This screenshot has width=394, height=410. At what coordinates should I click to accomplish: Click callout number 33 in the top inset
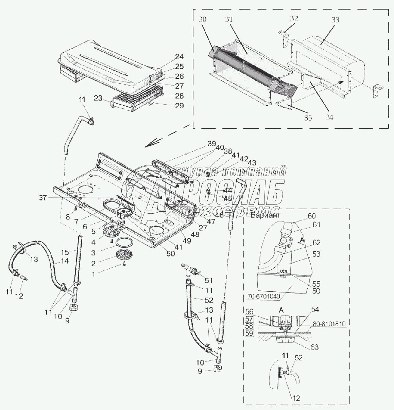coord(335,20)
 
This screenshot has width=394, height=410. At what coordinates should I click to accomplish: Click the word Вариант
coord(265,215)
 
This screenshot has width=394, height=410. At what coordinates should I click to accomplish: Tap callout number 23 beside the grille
coord(98,99)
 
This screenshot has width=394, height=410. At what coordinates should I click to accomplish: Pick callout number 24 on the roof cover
coord(179,56)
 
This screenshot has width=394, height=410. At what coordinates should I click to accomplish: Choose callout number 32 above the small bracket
coord(294,19)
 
